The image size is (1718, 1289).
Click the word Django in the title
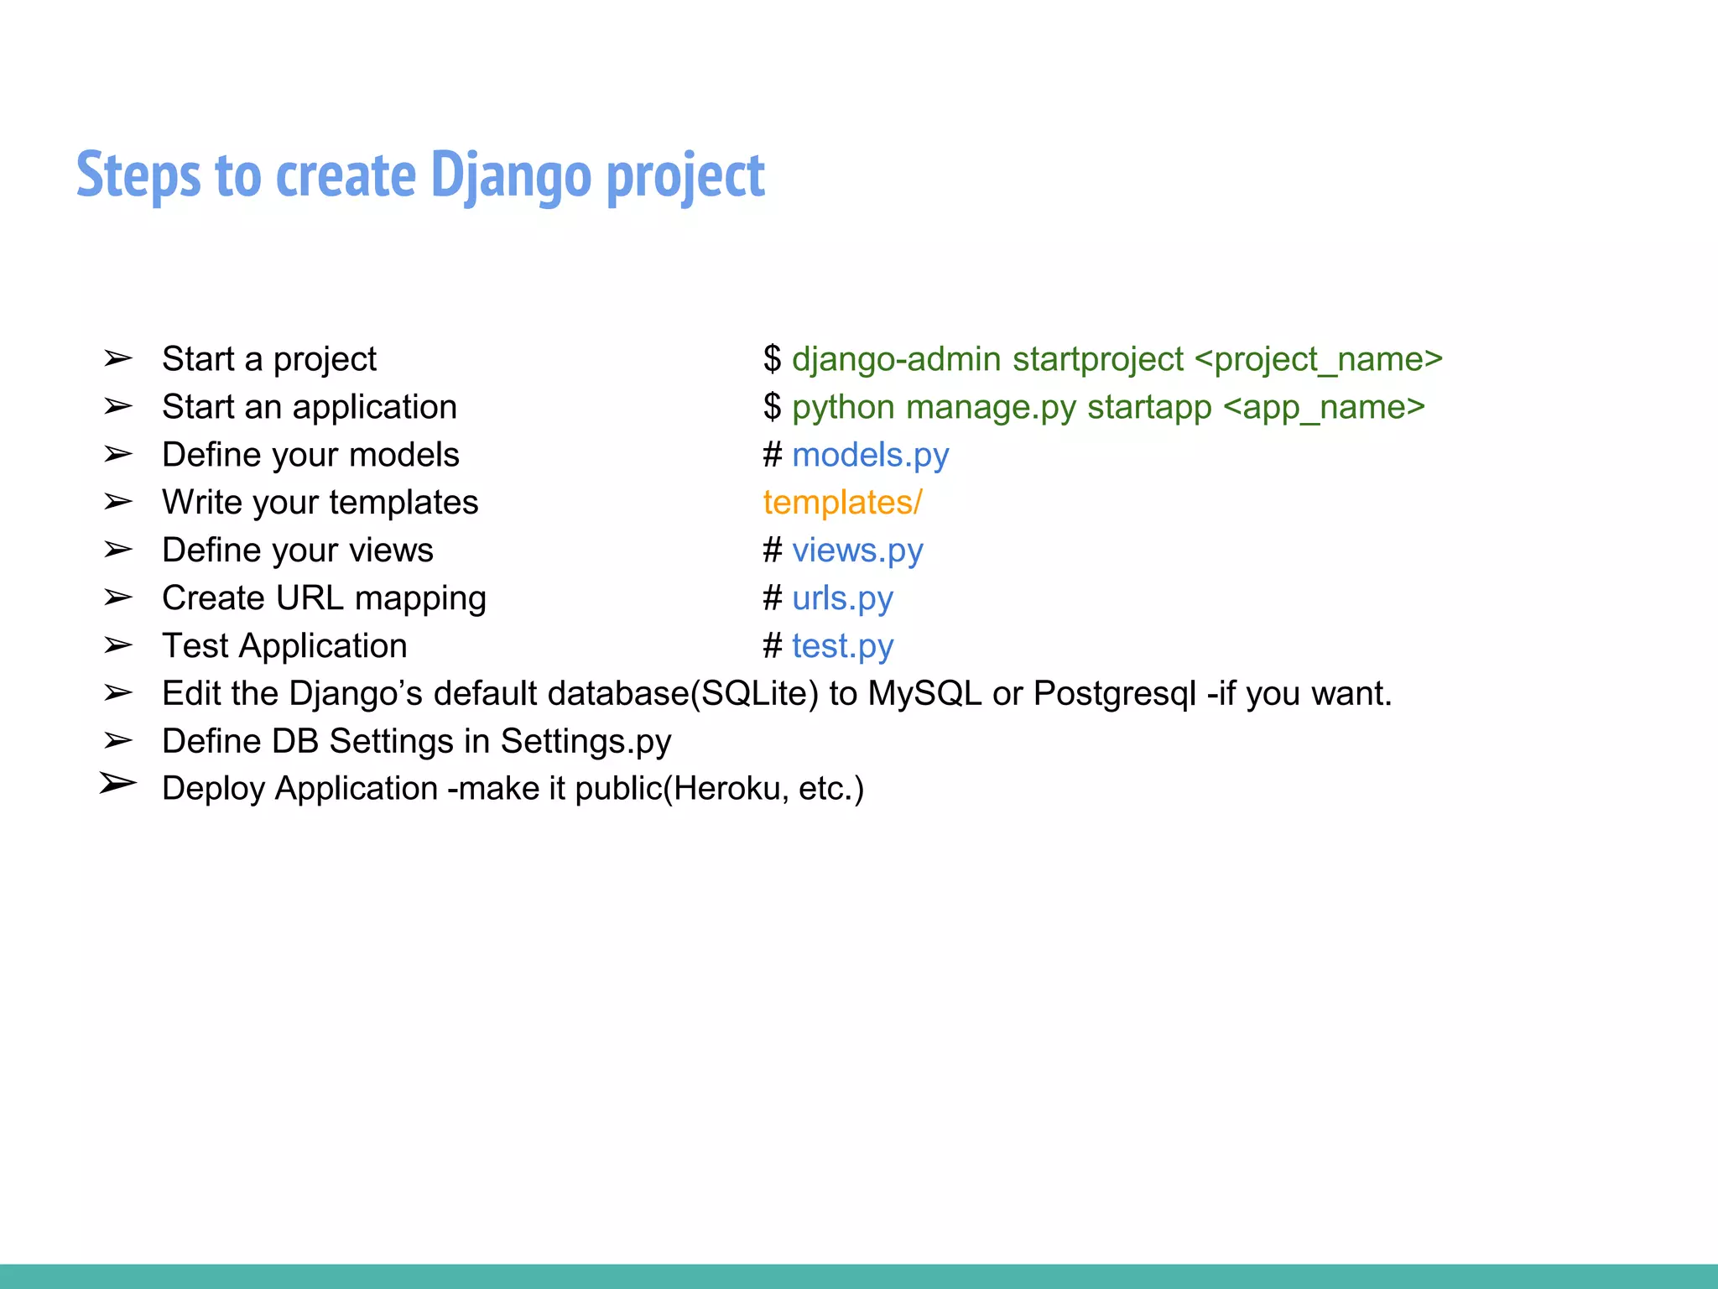(x=510, y=175)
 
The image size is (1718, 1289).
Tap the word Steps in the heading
(x=138, y=175)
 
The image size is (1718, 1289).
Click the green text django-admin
(x=896, y=359)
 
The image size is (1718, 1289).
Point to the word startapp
(x=1149, y=407)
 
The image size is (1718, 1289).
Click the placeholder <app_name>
(x=1324, y=407)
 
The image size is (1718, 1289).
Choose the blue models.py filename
(x=870, y=455)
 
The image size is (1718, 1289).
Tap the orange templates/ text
(x=842, y=503)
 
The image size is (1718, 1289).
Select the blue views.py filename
(x=857, y=551)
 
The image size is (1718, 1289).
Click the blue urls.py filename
(x=842, y=598)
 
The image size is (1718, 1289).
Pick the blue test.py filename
(x=842, y=646)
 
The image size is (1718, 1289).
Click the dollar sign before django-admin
(x=772, y=359)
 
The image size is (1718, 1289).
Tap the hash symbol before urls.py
(x=772, y=598)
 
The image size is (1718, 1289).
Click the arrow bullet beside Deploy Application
(x=117, y=784)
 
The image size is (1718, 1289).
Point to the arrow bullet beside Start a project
(x=117, y=359)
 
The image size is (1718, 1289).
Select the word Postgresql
(x=1114, y=694)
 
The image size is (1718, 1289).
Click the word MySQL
(x=924, y=694)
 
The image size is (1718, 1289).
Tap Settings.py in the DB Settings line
(x=586, y=742)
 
